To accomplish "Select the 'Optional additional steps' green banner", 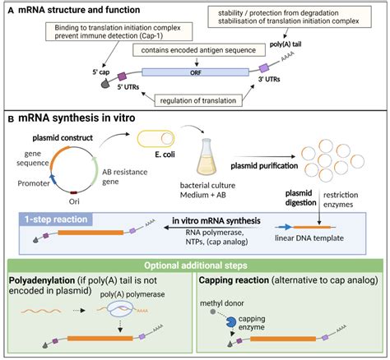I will click(195, 265).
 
